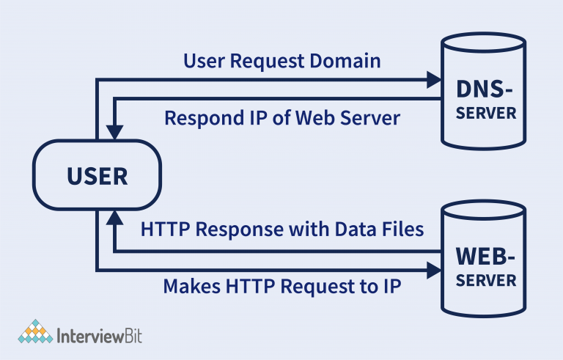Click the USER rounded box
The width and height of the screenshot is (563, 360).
(97, 176)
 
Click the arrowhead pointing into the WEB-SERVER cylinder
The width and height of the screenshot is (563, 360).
(433, 268)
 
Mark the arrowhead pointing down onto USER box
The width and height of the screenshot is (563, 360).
(114, 133)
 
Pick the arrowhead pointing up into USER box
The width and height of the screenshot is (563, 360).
(114, 216)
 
